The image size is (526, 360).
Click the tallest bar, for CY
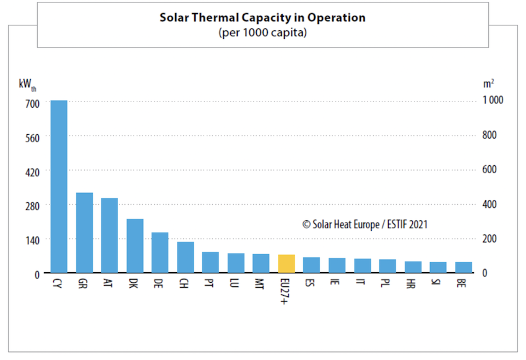tap(59, 186)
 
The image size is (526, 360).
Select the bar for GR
tap(84, 233)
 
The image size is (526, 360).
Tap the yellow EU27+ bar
tap(287, 264)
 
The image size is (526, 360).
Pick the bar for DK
tap(135, 246)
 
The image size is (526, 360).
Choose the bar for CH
tap(186, 257)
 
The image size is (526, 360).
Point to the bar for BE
tap(463, 267)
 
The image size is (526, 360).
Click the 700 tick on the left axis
tap(33, 103)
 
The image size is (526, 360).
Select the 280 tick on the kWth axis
tap(33, 205)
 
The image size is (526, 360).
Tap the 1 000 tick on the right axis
tap(493, 100)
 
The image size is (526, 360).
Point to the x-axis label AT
tap(108, 284)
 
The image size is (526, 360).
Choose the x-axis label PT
tap(210, 284)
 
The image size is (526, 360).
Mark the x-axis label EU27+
tap(286, 289)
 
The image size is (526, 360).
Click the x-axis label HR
tap(413, 284)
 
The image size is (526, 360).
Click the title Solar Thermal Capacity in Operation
tap(262, 17)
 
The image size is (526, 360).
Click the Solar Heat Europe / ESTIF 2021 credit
tap(364, 225)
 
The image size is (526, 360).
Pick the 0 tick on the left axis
tap(37, 274)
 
